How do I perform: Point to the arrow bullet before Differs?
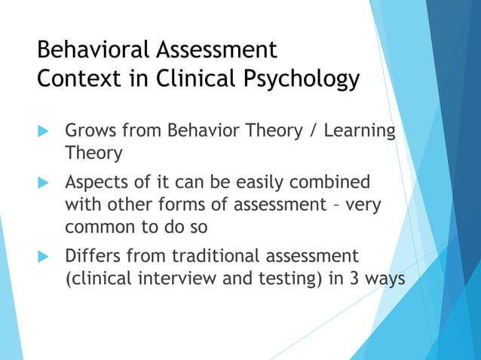[43, 256]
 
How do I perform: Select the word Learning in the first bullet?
[360, 131]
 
